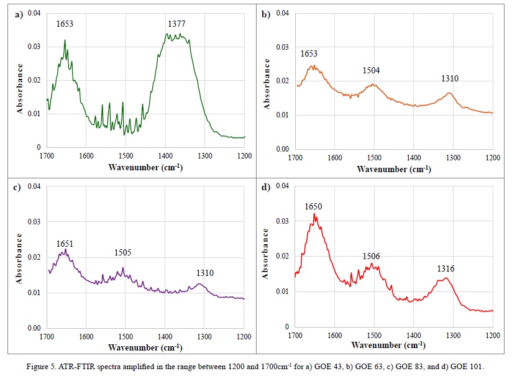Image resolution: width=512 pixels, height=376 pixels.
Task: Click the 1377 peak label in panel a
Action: point(176,24)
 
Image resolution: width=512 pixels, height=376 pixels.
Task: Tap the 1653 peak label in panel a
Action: point(65,24)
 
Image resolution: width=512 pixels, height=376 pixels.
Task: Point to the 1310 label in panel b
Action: point(450,79)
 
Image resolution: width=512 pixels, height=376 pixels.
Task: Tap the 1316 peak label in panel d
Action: point(446,268)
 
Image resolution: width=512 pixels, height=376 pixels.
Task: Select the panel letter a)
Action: point(19,14)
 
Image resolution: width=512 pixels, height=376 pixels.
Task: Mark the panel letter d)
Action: point(267,186)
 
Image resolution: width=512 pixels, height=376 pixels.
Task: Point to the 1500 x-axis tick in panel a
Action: point(126,156)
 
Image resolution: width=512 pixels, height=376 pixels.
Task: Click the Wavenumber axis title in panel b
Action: point(393,168)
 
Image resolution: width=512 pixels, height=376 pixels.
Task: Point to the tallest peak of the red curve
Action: point(314,214)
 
